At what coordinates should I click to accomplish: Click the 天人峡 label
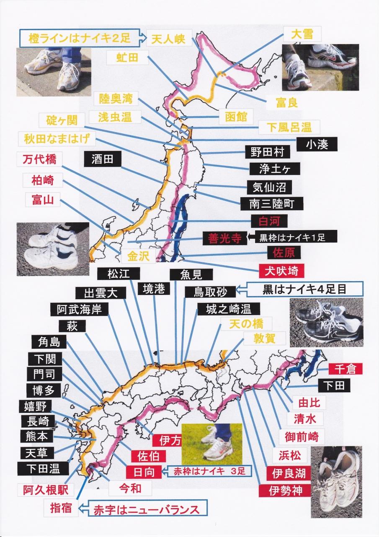click(169, 38)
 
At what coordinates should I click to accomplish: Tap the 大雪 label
click(302, 34)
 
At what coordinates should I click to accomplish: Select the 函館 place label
click(236, 117)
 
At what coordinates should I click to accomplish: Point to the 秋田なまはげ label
click(57, 138)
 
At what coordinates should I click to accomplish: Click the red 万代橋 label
click(40, 159)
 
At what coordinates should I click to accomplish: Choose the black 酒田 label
click(103, 159)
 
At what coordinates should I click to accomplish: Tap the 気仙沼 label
click(269, 187)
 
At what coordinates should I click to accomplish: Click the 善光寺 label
click(224, 238)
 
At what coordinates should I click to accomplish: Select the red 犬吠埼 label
click(281, 271)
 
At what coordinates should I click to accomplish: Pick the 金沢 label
click(138, 256)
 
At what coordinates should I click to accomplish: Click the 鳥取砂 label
click(210, 292)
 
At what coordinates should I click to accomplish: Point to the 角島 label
click(49, 341)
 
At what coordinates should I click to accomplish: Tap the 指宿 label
click(61, 508)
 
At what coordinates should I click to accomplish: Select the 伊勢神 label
click(285, 490)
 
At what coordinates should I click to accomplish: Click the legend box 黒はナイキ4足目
click(305, 289)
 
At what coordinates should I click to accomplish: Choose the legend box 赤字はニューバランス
click(147, 508)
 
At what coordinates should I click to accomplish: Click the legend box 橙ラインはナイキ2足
click(80, 38)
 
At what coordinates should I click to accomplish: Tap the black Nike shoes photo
click(326, 322)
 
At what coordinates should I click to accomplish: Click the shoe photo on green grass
click(212, 444)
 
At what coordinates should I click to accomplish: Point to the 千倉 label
click(345, 369)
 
